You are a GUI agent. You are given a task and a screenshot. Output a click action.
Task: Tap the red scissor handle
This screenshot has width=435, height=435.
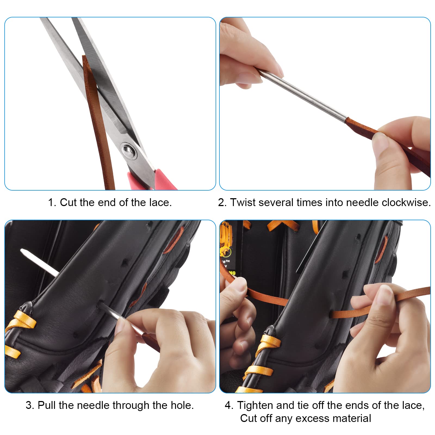tap(152, 179)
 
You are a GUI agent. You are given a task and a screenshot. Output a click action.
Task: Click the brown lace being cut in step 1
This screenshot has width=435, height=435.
tap(99, 122)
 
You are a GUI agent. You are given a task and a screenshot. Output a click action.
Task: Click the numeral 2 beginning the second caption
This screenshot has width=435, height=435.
tap(221, 203)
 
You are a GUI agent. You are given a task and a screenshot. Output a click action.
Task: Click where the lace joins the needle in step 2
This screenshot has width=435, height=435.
tap(347, 120)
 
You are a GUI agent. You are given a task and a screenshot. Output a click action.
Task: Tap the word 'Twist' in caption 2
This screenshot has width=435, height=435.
tap(243, 203)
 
